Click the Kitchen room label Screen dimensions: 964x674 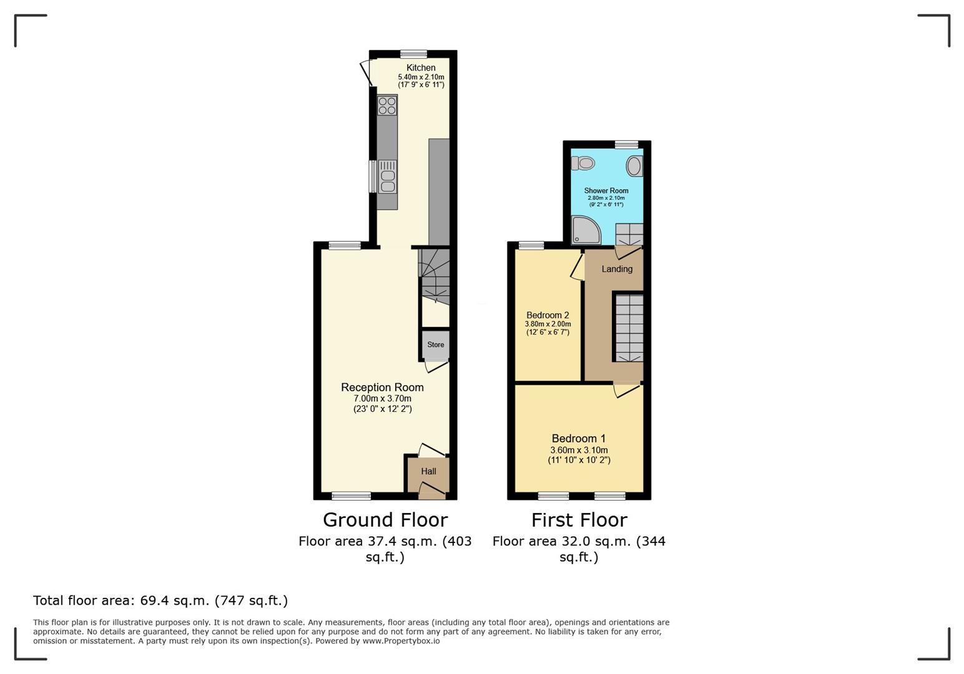421,67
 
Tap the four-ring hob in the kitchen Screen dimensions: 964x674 387,106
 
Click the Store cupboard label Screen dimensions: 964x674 436,344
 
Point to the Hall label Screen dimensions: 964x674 429,471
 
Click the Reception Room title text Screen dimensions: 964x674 382,387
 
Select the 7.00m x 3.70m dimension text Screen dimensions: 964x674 382,398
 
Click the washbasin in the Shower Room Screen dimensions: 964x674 634,166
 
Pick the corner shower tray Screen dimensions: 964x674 586,230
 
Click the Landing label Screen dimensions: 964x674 617,269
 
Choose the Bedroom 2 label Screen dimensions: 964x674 548,315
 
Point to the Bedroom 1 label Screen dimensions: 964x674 578,438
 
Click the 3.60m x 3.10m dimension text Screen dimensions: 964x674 579,450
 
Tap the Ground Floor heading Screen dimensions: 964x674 385,520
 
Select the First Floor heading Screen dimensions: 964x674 579,520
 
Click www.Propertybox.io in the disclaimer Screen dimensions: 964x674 401,641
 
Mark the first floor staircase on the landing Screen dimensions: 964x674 629,328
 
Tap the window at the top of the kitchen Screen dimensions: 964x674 413,54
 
